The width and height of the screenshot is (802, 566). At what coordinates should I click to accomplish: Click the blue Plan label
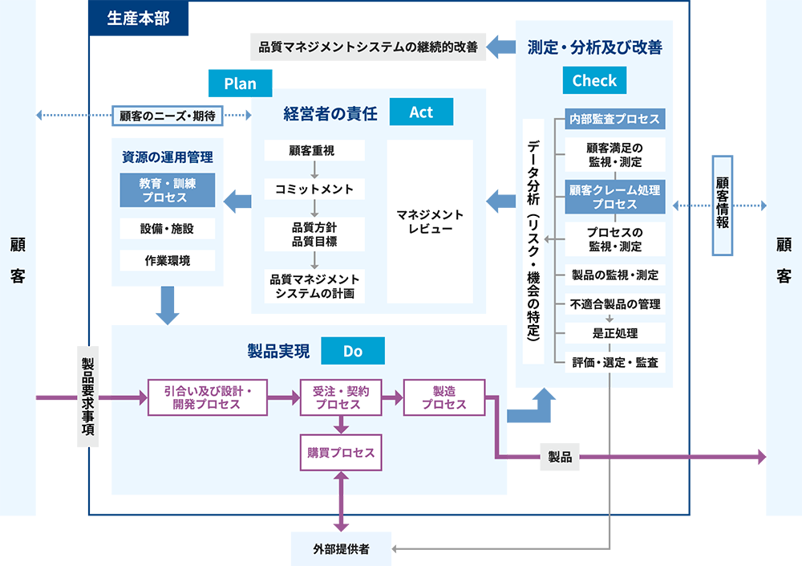(240, 83)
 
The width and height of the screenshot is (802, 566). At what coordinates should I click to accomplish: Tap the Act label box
(421, 112)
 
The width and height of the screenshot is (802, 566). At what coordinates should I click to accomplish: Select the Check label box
(594, 80)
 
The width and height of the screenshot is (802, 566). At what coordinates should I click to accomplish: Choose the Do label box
(353, 351)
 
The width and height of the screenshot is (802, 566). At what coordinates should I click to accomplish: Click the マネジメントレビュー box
(430, 222)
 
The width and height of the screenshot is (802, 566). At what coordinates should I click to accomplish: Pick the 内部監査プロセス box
(614, 119)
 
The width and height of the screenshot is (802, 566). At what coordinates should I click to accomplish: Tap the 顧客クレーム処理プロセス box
(614, 197)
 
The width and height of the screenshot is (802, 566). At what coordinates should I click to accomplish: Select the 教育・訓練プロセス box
(167, 190)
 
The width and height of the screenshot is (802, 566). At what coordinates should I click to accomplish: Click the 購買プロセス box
(341, 453)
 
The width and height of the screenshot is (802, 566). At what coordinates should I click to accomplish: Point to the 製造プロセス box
(444, 397)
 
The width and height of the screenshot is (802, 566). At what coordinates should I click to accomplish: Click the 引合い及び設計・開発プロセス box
(207, 397)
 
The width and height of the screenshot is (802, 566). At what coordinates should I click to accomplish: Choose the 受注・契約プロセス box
(341, 397)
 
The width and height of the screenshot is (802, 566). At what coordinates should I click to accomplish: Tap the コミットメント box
(314, 189)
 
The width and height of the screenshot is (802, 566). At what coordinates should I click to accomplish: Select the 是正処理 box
(614, 333)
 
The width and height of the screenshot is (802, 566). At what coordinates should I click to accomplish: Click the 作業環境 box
(168, 261)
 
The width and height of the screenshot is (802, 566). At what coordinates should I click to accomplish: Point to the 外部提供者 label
(341, 550)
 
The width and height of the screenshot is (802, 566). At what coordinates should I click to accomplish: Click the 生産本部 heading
(138, 18)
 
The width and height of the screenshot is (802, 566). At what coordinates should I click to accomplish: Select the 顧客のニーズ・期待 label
(167, 116)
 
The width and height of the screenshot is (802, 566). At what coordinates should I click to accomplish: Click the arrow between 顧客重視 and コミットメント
(314, 169)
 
